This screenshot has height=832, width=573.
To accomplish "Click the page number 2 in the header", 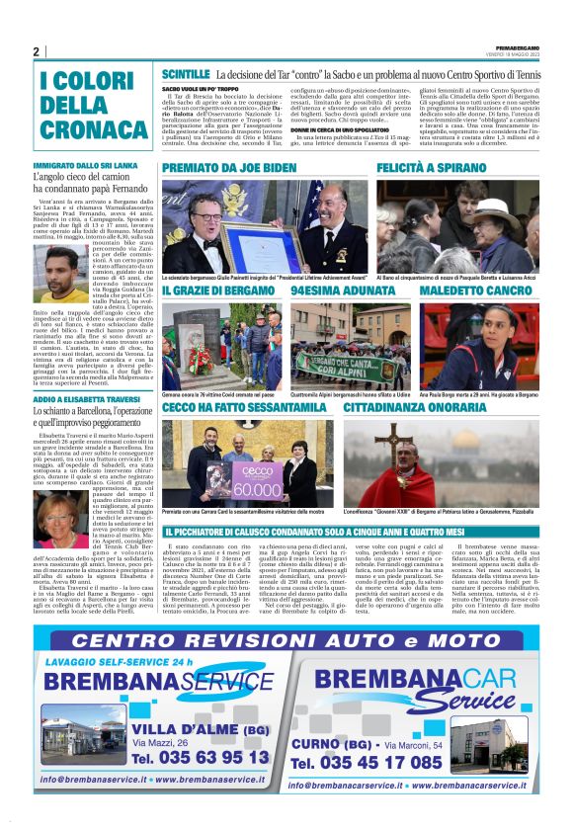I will click(x=36, y=52).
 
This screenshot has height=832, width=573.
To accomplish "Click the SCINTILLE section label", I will click(x=185, y=74).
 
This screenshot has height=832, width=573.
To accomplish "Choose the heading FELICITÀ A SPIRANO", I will click(x=429, y=169).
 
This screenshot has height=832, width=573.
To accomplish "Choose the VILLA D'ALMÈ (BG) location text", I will click(x=186, y=728).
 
